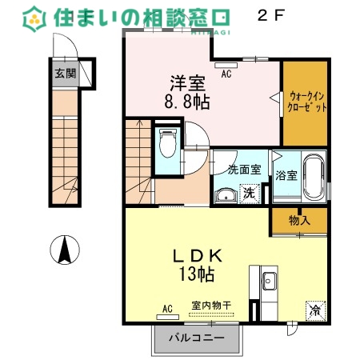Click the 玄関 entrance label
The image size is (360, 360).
point(66,74)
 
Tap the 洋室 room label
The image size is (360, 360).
point(187,82)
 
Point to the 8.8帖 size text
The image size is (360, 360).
point(188,102)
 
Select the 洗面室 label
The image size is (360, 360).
point(244,170)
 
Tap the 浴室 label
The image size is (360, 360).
point(286,175)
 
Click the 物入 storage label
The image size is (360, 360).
point(299,220)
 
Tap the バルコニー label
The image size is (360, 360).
point(196,338)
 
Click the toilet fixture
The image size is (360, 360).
point(168,144)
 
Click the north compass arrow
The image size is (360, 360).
point(64,250)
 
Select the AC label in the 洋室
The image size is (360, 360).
point(226,74)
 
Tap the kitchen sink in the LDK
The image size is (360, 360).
point(270,282)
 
